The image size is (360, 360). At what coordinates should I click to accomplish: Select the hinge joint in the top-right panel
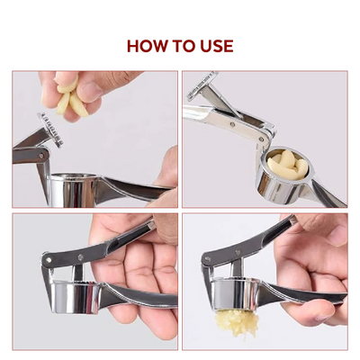click(264, 135)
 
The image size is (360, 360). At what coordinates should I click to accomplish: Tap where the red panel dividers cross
click(179, 211)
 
